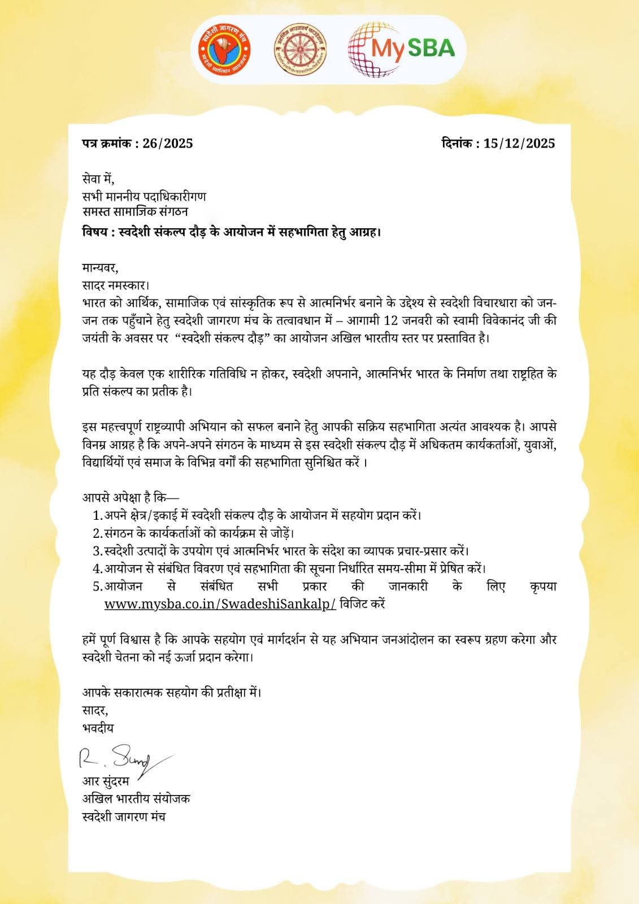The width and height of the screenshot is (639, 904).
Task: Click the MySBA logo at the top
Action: [x=402, y=50]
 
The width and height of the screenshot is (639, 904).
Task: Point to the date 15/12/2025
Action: [x=519, y=144]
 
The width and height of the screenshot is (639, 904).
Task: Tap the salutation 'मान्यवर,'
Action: [x=101, y=267]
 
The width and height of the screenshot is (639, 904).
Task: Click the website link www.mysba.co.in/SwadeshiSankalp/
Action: [x=220, y=603]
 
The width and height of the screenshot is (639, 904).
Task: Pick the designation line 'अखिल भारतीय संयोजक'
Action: [x=136, y=799]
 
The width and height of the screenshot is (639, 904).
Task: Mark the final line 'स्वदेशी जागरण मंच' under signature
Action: [x=124, y=816]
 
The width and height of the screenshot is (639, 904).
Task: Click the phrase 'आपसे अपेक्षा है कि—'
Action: [x=131, y=498]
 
